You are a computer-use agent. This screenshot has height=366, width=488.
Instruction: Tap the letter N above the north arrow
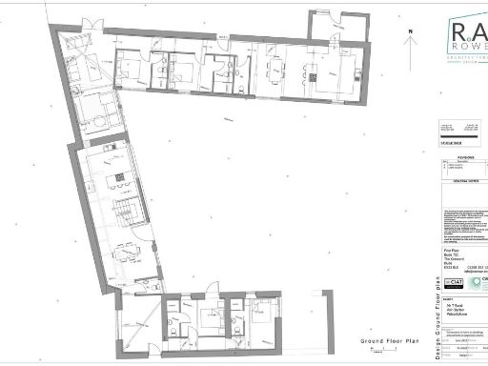pyautogui.click(x=409, y=31)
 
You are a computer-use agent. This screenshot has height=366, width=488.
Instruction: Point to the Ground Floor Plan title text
pyautogui.click(x=391, y=341)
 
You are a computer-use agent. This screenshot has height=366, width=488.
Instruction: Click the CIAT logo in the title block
pyautogui.click(x=454, y=284)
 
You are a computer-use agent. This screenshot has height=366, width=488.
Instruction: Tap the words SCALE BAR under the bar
pyautogui.click(x=448, y=142)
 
